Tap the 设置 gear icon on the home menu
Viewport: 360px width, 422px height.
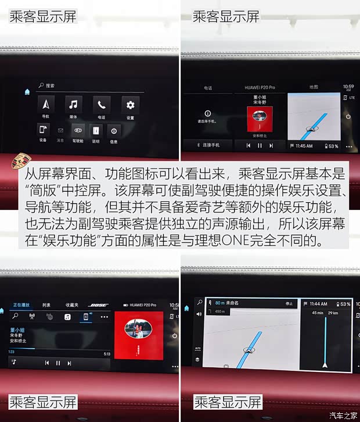pyautogui.click(x=130, y=105)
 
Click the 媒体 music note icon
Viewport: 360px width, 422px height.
pyautogui.click(x=74, y=105)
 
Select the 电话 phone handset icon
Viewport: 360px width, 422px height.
pyautogui.click(x=102, y=105)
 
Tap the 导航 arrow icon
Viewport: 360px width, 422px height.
pyautogui.click(x=46, y=105)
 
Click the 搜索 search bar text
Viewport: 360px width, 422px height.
pyautogui.click(x=50, y=85)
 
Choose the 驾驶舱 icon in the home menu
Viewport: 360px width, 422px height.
pyautogui.click(x=78, y=131)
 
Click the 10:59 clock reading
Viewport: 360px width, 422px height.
pyautogui.click(x=348, y=87)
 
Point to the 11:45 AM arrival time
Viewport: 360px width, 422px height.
pyautogui.click(x=304, y=146)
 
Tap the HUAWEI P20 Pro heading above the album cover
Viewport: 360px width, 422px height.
pyautogui.click(x=255, y=87)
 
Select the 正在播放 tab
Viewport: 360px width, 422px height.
pyautogui.click(x=21, y=305)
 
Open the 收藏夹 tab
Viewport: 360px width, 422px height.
pyautogui.click(x=72, y=305)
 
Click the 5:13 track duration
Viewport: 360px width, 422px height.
pyautogui.click(x=107, y=353)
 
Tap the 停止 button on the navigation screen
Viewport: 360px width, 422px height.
pyautogui.click(x=289, y=303)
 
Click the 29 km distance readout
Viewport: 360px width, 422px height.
pyautogui.click(x=333, y=313)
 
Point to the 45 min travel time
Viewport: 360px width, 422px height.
pyautogui.click(x=318, y=313)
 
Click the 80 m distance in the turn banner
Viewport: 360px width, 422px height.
pyautogui.click(x=219, y=303)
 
